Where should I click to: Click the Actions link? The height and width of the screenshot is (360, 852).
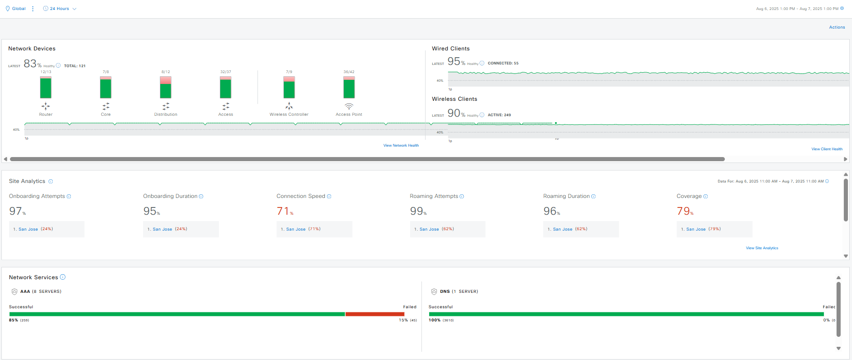837,27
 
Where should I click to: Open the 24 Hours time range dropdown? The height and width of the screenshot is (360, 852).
60,9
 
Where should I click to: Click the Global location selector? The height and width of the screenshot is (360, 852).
18,9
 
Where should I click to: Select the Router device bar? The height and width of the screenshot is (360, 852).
46,88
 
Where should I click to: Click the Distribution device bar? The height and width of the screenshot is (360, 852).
166,88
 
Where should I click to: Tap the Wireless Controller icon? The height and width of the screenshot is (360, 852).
289,106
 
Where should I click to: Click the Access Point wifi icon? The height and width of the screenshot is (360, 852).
349,106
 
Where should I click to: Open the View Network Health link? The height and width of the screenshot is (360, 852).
401,146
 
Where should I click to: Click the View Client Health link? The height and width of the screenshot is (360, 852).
827,149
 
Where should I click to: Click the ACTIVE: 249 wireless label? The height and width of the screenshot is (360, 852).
499,115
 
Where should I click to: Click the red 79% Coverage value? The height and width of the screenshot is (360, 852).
684,211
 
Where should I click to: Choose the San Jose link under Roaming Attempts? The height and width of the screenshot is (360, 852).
429,229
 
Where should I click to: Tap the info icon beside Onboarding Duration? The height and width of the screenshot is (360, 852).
201,197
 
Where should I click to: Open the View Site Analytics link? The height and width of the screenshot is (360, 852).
762,248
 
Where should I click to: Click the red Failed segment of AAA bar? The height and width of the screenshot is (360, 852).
375,314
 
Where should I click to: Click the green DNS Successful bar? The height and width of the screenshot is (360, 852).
626,314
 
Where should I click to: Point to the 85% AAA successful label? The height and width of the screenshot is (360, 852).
14,321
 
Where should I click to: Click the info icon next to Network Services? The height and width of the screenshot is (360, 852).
63,277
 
